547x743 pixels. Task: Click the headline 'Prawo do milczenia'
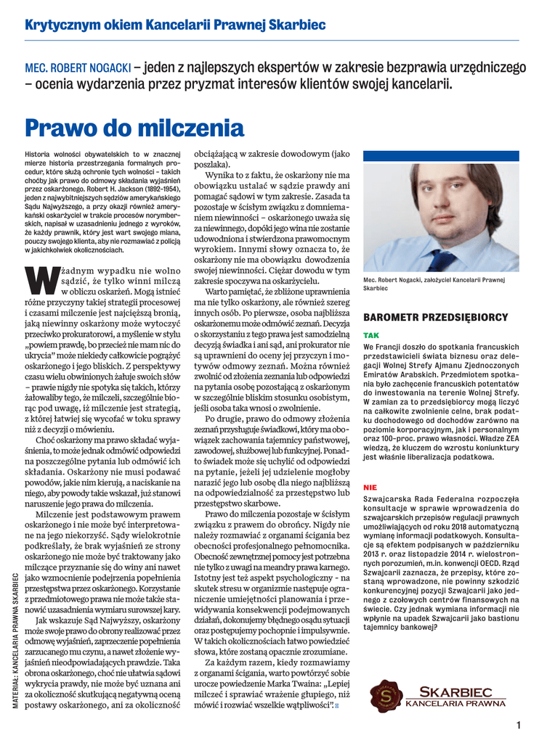[x=134, y=129]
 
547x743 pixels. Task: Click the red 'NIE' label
[x=370, y=488]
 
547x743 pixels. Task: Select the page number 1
[x=519, y=725]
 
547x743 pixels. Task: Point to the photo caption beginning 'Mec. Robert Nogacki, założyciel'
[x=434, y=284]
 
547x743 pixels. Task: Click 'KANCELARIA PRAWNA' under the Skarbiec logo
[x=455, y=703]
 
